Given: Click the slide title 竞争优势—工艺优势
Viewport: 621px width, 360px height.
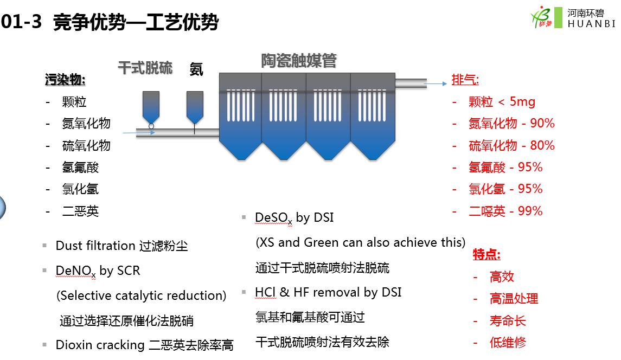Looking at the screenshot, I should [x=136, y=23].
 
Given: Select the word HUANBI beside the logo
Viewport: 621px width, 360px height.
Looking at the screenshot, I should [x=591, y=24].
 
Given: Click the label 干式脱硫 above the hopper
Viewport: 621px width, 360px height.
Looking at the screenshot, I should [x=145, y=68].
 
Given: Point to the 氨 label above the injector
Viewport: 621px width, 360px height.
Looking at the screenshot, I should [x=196, y=69].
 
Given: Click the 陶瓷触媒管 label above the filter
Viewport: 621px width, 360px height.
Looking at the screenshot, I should [x=298, y=61].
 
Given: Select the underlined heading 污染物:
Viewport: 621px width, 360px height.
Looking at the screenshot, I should [x=65, y=80].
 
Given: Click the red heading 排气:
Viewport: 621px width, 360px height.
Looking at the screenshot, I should [x=465, y=80].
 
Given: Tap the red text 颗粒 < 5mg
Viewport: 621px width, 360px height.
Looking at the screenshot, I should [x=502, y=102].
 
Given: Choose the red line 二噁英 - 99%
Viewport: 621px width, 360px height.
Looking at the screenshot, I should [x=505, y=211].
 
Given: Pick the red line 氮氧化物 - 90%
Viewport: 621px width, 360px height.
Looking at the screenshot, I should [x=511, y=124].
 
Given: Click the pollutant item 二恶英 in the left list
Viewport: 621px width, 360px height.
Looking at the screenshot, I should [x=80, y=211].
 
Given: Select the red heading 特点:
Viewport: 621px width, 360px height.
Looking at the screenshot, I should [x=486, y=254].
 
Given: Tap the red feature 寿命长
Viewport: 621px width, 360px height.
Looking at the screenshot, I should [x=508, y=320].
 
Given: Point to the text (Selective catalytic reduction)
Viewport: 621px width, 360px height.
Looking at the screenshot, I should [x=142, y=295].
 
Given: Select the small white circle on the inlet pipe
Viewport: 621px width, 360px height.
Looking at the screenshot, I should [x=151, y=126].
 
